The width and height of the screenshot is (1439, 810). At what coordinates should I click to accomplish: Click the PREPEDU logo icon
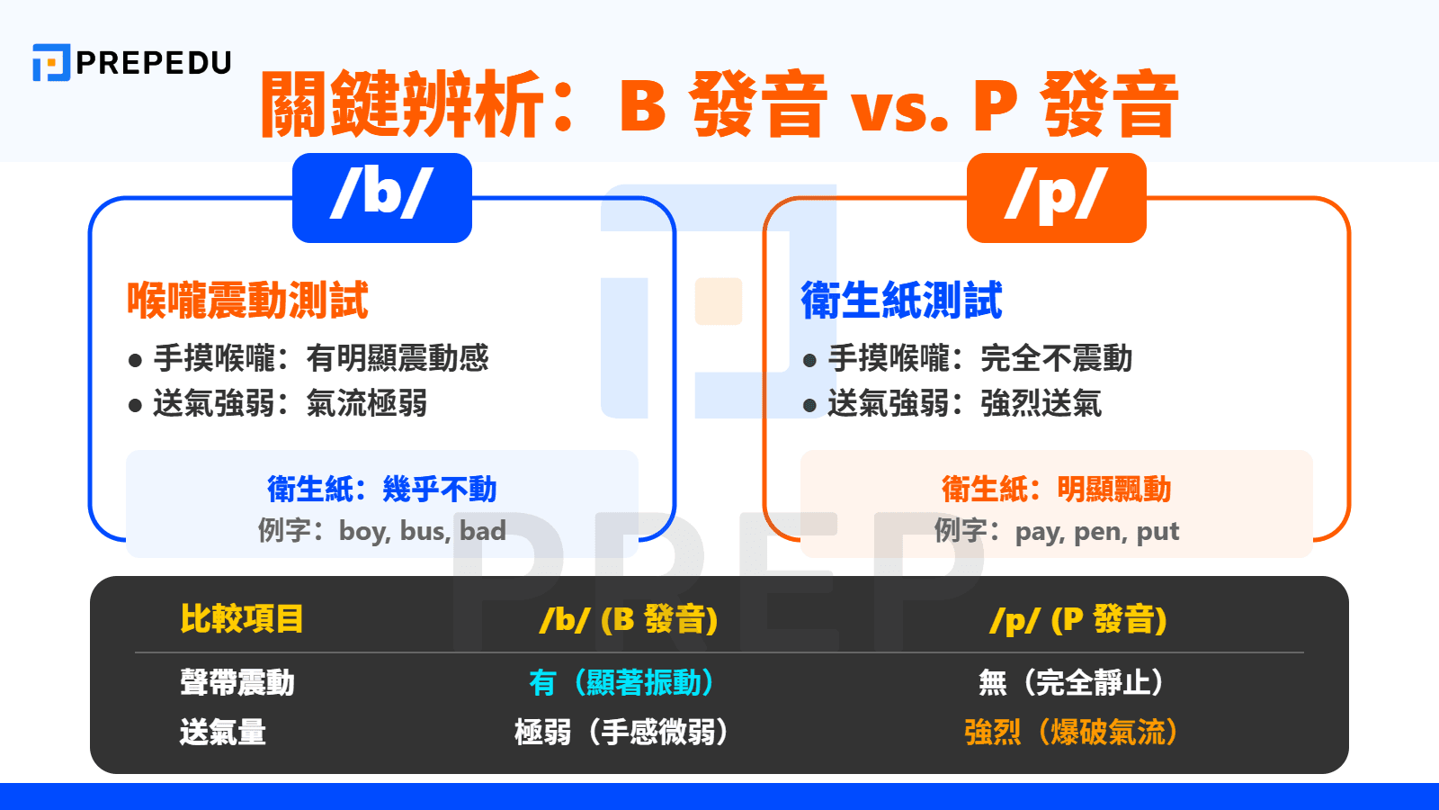pyautogui.click(x=50, y=62)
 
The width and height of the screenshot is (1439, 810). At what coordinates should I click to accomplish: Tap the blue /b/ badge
pyautogui.click(x=382, y=197)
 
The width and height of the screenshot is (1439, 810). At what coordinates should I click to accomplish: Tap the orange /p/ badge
pyautogui.click(x=1056, y=197)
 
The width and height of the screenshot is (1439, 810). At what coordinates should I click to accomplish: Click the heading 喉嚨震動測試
pyautogui.click(x=247, y=300)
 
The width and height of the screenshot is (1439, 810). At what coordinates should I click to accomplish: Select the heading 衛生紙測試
pyautogui.click(x=901, y=300)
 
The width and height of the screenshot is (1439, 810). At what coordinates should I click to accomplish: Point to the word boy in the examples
pyautogui.click(x=362, y=531)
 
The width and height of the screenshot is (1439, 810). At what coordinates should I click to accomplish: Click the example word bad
pyautogui.click(x=483, y=531)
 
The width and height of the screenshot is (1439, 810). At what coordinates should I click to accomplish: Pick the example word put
pyautogui.click(x=1157, y=532)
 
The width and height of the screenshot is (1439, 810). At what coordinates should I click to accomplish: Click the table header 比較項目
pyautogui.click(x=241, y=619)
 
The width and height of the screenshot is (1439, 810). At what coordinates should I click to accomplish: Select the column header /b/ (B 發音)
pyautogui.click(x=628, y=619)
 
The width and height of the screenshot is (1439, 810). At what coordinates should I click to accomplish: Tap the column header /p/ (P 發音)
pyautogui.click(x=1077, y=619)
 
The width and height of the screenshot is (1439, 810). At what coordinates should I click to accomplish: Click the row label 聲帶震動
pyautogui.click(x=237, y=682)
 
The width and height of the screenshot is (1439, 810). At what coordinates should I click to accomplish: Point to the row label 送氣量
pyautogui.click(x=223, y=732)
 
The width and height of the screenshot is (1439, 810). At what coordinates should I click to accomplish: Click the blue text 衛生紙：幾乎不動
pyautogui.click(x=382, y=489)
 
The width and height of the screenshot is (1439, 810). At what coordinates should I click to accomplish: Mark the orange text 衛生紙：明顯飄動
pyautogui.click(x=1056, y=489)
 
